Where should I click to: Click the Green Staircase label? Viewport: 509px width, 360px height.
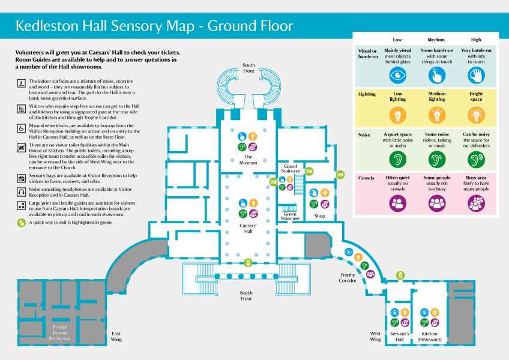pos(291,216)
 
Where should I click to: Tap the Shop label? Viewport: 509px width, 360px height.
pos(320,216)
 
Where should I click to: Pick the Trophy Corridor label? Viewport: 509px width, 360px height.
pos(345,277)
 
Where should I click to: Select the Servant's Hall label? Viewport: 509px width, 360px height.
pos(400,336)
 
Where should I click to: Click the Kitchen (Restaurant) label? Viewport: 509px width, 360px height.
pos(430,336)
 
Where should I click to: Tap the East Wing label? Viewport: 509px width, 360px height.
pos(116,336)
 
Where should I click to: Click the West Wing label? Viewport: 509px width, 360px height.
pos(375,336)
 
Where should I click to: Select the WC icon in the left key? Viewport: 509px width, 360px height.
pos(21,146)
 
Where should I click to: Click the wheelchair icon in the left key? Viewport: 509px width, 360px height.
pos(21,128)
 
